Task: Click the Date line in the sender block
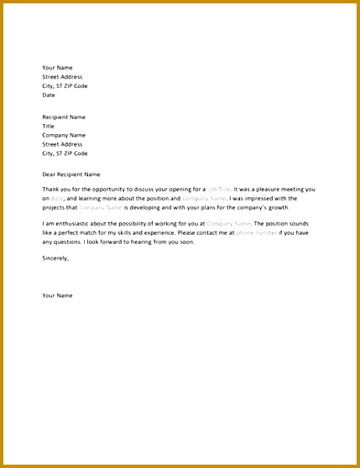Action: pos(49,96)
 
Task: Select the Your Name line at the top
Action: pos(58,68)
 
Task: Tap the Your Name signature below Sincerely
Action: pos(58,295)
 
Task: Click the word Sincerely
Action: pos(55,258)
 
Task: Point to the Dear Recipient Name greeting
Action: pos(71,174)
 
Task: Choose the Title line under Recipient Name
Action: pos(48,127)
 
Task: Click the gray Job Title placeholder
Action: pos(217,190)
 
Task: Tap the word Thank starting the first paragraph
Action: pos(50,190)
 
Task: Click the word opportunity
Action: pos(112,190)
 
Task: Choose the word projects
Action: pos(55,206)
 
